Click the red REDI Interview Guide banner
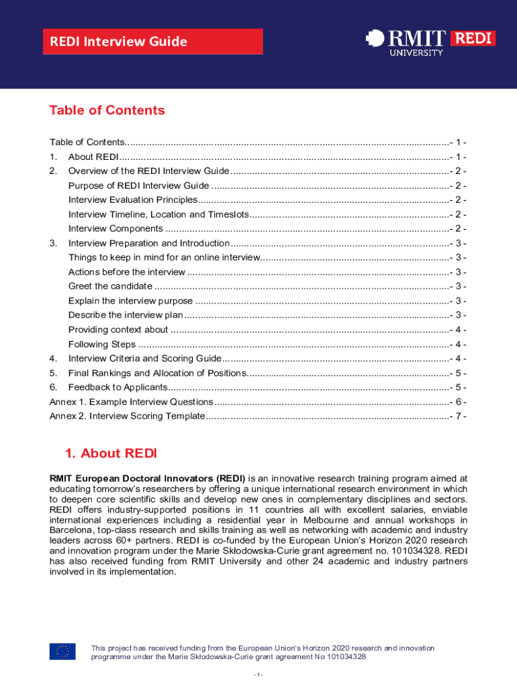pyautogui.click(x=153, y=42)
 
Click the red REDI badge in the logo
pyautogui.click(x=473, y=38)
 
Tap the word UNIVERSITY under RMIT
pyautogui.click(x=416, y=52)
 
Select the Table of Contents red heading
pyautogui.click(x=107, y=110)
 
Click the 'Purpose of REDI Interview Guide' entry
pyautogui.click(x=138, y=185)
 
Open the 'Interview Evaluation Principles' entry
pyautogui.click(x=132, y=200)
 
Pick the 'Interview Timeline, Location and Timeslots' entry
pyautogui.click(x=158, y=214)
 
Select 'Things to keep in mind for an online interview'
pyautogui.click(x=164, y=257)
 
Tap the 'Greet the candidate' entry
pyautogui.click(x=110, y=286)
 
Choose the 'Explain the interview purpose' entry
pyautogui.click(x=130, y=301)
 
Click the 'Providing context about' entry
pyautogui.click(x=118, y=329)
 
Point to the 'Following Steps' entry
pyautogui.click(x=102, y=344)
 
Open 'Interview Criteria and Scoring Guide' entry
pyautogui.click(x=144, y=358)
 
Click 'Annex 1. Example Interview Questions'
pyautogui.click(x=132, y=402)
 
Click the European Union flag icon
pyautogui.click(x=62, y=651)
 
